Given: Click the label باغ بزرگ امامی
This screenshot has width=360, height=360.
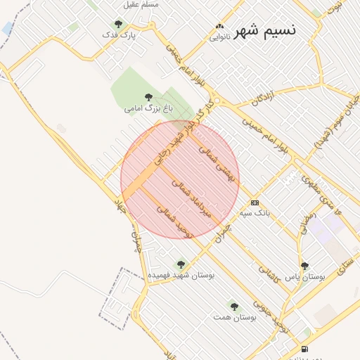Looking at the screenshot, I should click(x=148, y=109).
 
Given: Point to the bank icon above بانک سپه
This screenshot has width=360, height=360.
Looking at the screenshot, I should click(x=255, y=202).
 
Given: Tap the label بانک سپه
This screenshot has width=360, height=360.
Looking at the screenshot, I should click(x=255, y=212).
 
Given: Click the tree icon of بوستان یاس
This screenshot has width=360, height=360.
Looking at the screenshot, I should click(x=304, y=266).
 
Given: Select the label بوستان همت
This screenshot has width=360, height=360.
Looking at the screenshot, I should click(x=233, y=318).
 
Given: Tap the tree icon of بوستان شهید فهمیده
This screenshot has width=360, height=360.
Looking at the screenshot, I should click(x=181, y=264).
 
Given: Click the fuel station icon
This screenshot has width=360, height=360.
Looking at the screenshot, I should click(x=304, y=349).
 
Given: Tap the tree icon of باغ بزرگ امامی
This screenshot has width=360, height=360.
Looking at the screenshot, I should click(x=148, y=97).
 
